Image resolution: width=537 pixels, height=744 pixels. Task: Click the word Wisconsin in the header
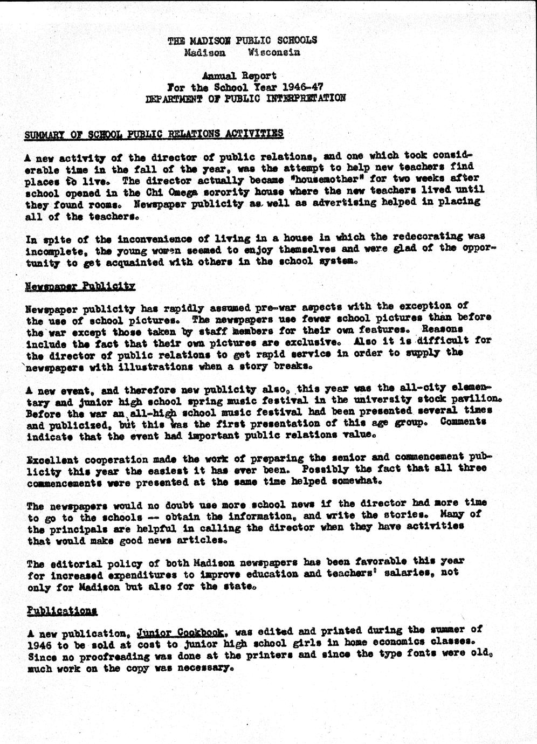(x=273, y=53)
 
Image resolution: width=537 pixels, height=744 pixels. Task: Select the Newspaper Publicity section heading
(x=80, y=286)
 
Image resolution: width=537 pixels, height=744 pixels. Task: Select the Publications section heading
(x=62, y=611)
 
